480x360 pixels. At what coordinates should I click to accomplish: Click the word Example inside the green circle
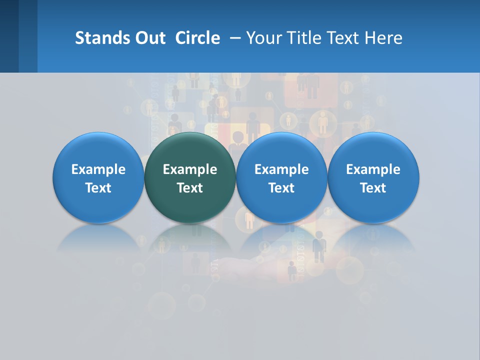(190, 169)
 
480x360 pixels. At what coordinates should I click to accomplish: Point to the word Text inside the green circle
(190, 188)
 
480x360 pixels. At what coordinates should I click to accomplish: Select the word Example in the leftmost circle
(98, 169)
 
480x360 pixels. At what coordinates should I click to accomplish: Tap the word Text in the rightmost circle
(373, 188)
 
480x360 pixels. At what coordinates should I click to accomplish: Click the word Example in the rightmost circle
(373, 169)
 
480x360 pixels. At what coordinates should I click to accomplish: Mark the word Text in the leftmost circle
(98, 188)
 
